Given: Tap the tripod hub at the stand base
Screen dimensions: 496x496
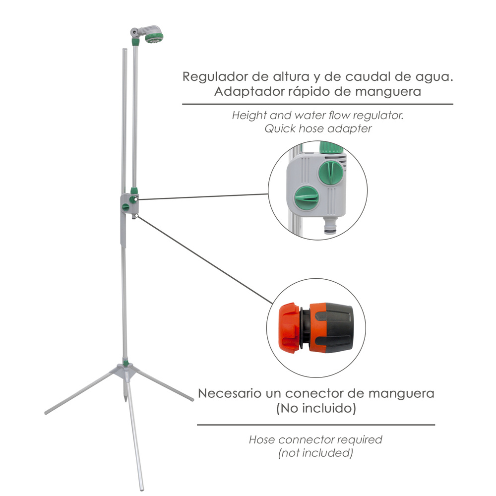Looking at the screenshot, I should coord(124,371).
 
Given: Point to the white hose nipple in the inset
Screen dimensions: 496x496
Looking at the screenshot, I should coord(329,227).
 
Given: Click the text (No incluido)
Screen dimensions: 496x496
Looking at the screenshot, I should coord(316,409).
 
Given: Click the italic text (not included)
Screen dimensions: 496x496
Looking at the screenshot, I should coord(315,453).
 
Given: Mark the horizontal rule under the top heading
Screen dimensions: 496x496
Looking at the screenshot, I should coord(317,104).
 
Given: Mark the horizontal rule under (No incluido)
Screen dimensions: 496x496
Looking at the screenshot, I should coord(316,425).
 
